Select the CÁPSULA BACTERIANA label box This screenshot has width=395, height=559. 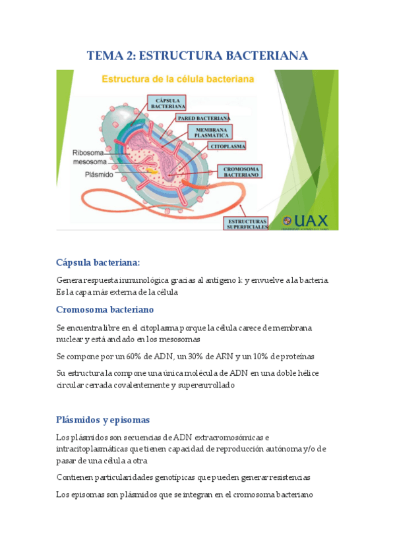click(x=167, y=102)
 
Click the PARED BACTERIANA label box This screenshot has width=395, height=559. click(x=203, y=118)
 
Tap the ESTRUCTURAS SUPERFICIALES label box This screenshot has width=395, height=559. click(x=247, y=223)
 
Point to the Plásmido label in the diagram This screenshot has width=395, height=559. click(x=99, y=175)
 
